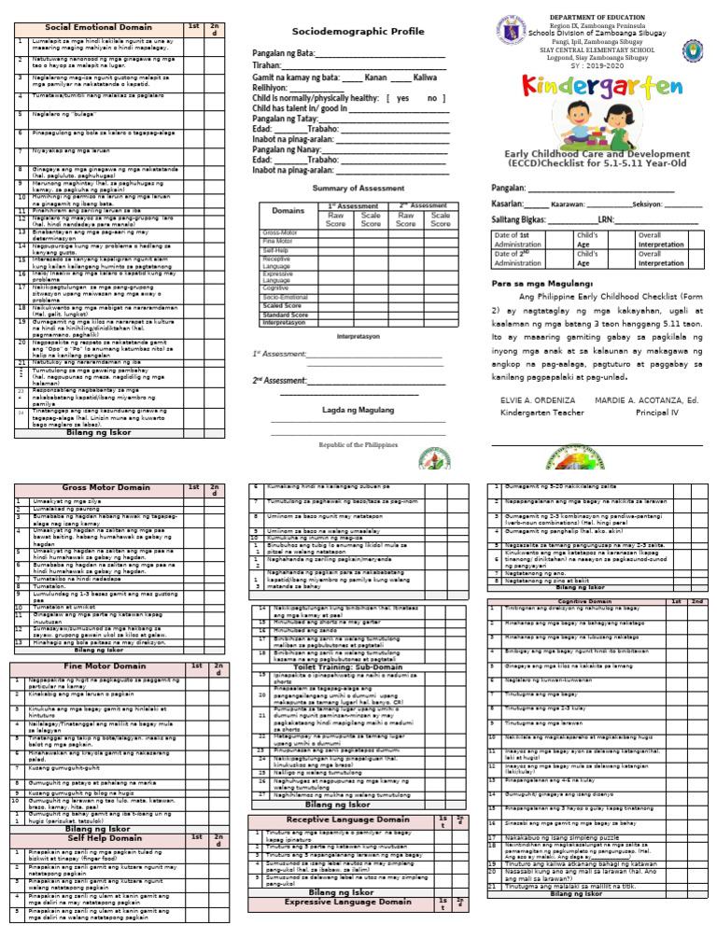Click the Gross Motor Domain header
99,487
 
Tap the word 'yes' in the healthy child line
402,98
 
